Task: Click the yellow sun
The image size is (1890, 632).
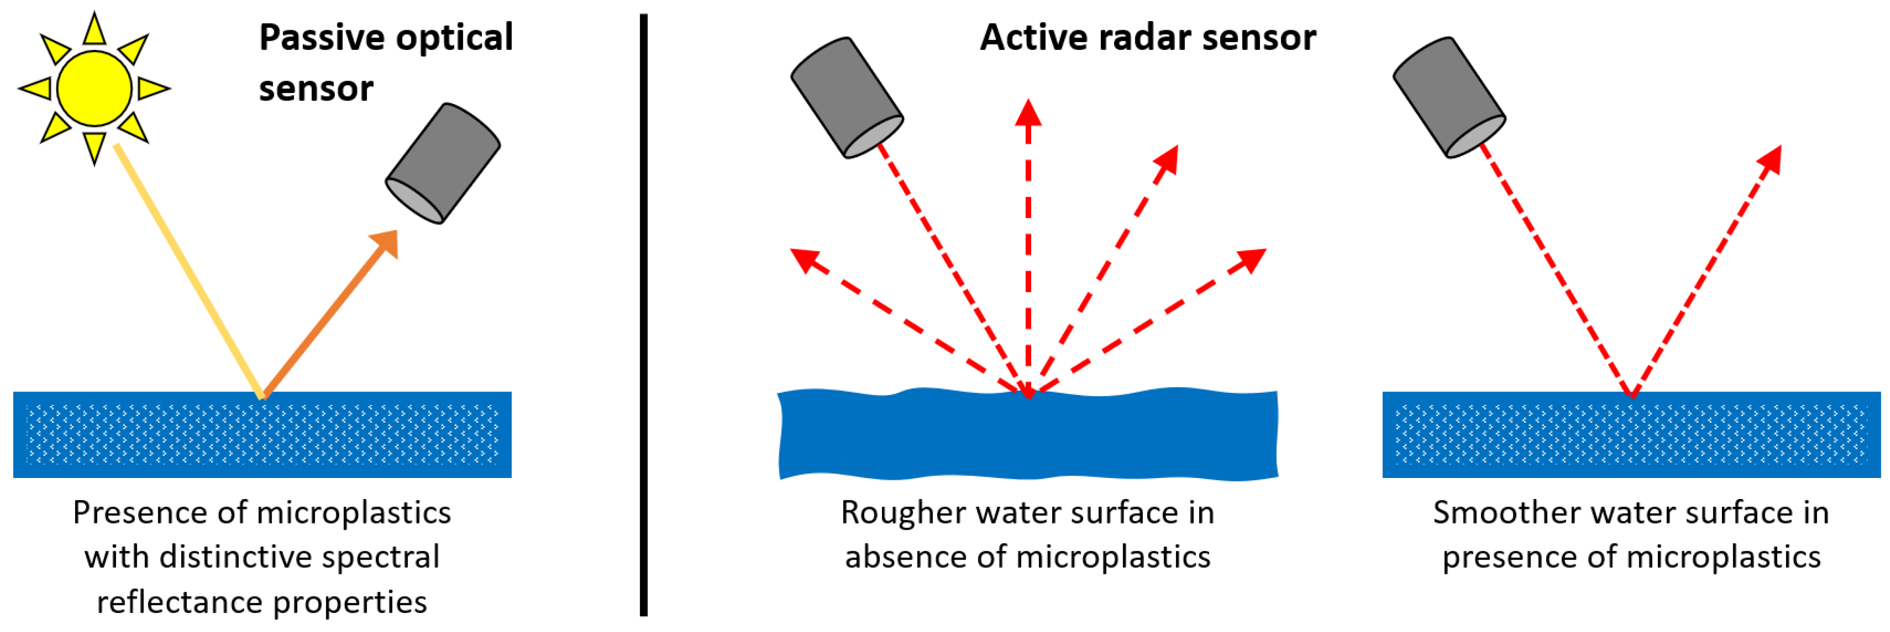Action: pos(94,89)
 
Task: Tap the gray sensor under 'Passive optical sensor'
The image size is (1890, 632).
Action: pos(443,163)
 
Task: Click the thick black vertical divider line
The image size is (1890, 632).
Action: pos(643,316)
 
